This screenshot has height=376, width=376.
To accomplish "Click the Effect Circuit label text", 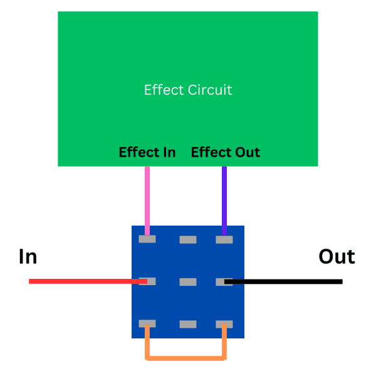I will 188,90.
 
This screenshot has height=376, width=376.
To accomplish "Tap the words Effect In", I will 147,152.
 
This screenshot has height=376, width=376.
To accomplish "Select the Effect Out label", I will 226,152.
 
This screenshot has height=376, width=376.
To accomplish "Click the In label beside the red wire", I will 28,256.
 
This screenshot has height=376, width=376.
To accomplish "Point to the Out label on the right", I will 337,256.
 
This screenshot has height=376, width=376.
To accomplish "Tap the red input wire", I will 81,281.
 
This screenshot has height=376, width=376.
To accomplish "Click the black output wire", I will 288,281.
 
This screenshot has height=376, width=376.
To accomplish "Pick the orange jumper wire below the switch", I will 186,358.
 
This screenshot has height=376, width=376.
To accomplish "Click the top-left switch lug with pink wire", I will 147,239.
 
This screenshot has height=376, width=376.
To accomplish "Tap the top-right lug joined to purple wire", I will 224,239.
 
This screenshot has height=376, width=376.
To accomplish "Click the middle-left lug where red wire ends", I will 147,282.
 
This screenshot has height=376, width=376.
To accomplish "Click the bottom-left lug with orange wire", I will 147,324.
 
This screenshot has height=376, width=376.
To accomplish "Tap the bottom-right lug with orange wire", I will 224,324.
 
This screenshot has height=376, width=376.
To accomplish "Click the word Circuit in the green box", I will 210,90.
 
